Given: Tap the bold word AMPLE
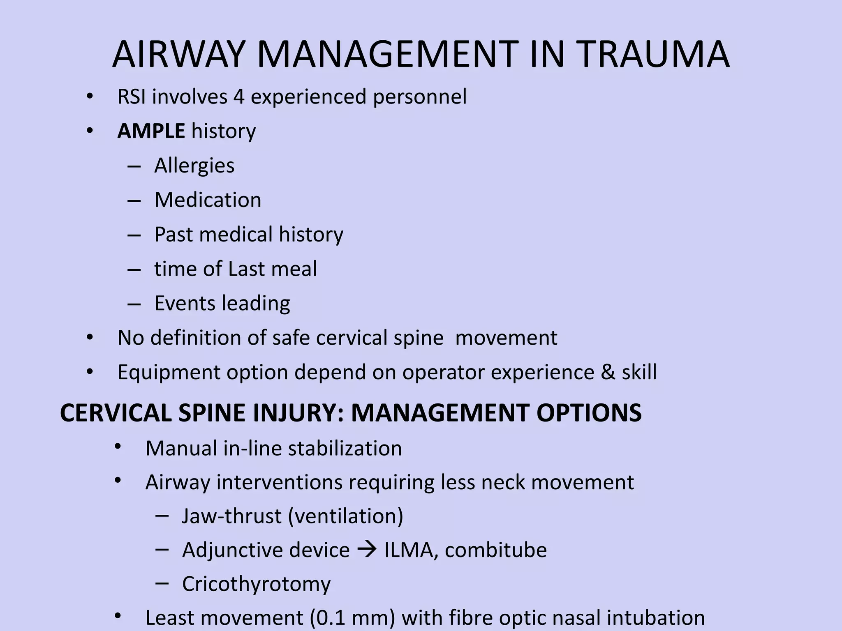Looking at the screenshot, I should point(151,131).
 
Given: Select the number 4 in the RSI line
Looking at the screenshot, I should point(239,97).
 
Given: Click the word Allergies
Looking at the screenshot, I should point(194,166).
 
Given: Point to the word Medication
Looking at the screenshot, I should point(208,200).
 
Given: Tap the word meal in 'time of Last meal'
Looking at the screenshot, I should point(296,269).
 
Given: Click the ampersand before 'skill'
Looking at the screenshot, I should point(608,372).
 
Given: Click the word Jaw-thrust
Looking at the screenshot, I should point(231,516).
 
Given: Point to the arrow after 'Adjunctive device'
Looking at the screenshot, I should point(367,550).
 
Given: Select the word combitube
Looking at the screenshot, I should point(495,550).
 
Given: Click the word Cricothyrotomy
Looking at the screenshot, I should point(256,585).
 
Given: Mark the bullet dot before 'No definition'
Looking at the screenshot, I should point(90,338).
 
